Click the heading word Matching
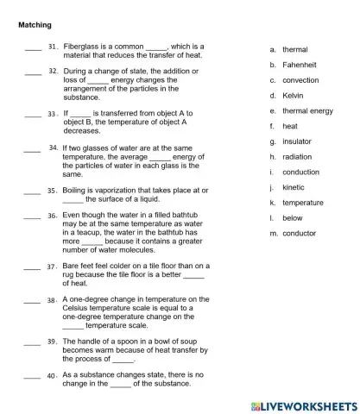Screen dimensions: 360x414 tap(35, 25)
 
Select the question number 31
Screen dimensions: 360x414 tap(53, 46)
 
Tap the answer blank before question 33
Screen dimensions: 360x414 tap(33, 116)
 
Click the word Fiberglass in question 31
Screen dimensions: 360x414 tap(83, 46)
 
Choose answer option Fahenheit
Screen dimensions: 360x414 tap(300, 65)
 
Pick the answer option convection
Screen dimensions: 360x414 tap(300, 80)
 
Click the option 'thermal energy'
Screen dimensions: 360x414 tap(307, 111)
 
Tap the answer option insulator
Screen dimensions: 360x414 tap(297, 141)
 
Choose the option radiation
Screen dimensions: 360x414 tap(297, 157)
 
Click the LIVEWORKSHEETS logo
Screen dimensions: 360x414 tap(302, 404)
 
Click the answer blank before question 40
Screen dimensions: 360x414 tap(33, 378)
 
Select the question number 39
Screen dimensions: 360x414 tap(53, 342)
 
